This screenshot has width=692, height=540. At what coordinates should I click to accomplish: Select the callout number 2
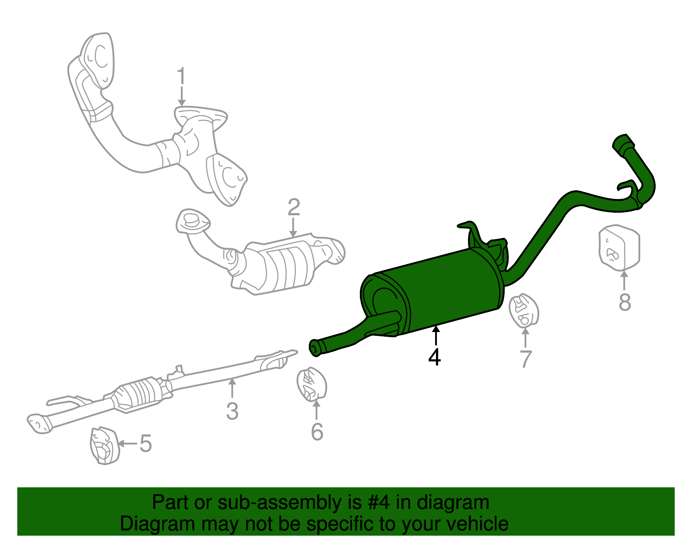tap(294, 208)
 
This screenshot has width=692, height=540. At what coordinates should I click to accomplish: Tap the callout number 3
tap(232, 411)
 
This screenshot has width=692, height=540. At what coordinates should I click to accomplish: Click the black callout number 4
tap(435, 357)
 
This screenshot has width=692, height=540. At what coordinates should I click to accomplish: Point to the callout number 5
tap(145, 444)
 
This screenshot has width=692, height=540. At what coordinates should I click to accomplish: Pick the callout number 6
tap(317, 431)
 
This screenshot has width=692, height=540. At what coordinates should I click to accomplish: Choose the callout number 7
tap(525, 359)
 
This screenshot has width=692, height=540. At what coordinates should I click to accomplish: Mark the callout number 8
tap(625, 302)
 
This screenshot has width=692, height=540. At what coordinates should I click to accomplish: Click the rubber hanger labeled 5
tap(104, 446)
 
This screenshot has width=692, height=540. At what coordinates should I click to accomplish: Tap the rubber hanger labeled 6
tap(311, 384)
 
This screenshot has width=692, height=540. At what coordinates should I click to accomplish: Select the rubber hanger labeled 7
tap(524, 310)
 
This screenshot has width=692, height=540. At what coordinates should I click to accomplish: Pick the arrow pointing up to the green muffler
tap(436, 335)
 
